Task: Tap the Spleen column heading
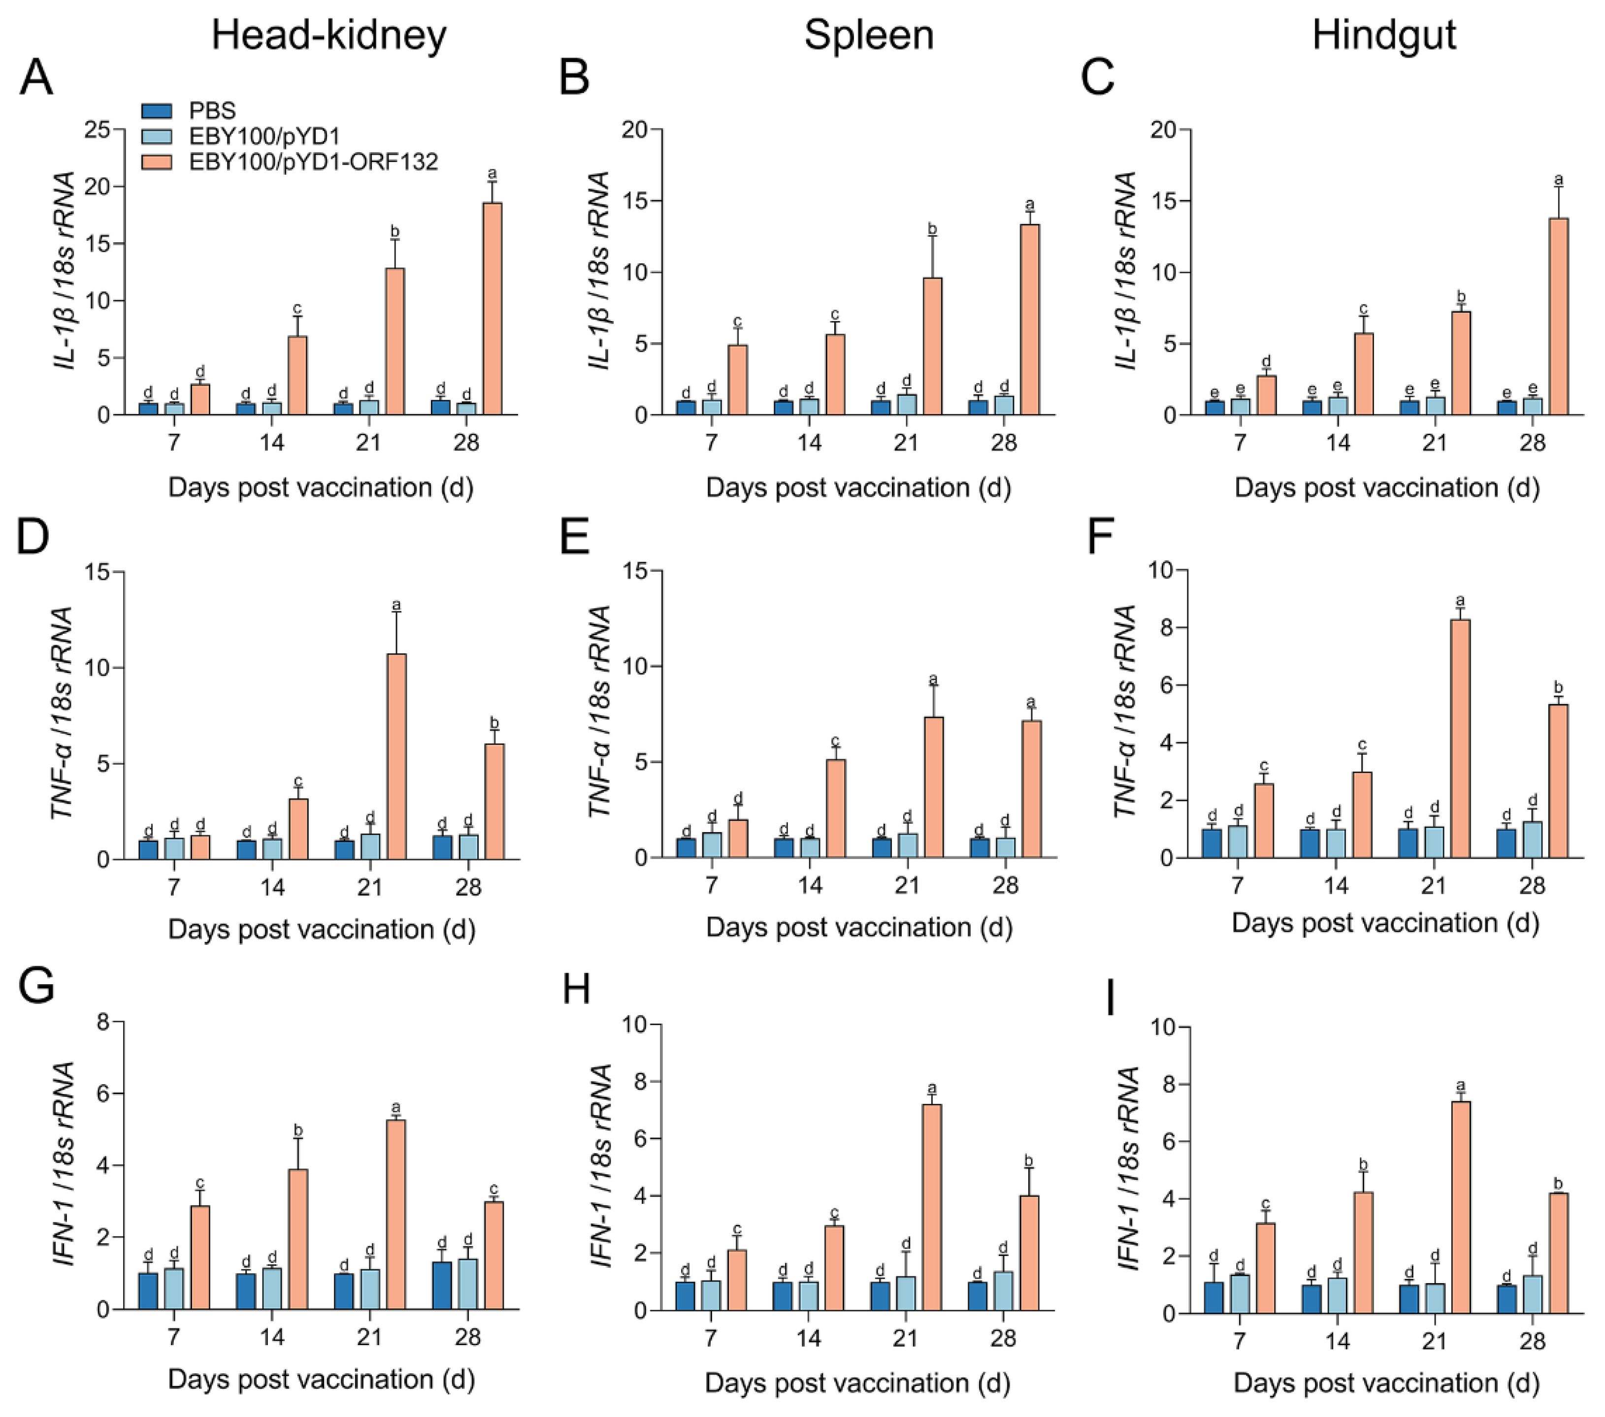(x=868, y=35)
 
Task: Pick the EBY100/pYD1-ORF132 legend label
(x=313, y=161)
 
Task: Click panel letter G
(x=36, y=986)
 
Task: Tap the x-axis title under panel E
(x=858, y=927)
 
